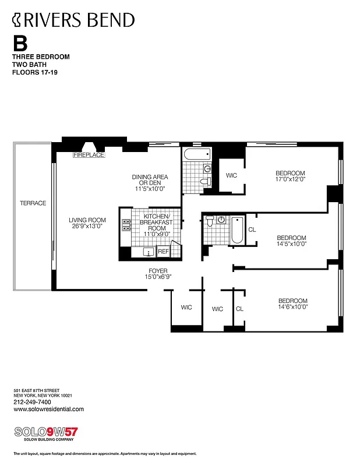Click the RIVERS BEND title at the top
[x=73, y=21]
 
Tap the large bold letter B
[x=20, y=43]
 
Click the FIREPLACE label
[x=89, y=156]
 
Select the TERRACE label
[x=33, y=203]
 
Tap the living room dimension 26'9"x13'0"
[x=87, y=227]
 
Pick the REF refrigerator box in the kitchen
[x=163, y=252]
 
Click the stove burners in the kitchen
[x=126, y=226]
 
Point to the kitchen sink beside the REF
[x=147, y=252]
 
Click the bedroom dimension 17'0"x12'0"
[x=290, y=180]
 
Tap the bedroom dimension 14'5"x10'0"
[x=291, y=244]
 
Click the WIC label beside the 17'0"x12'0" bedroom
[x=231, y=175]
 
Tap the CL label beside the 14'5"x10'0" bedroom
[x=252, y=230]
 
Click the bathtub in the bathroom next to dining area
[x=196, y=156]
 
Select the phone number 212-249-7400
[x=31, y=402]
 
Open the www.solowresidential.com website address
[x=48, y=409]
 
